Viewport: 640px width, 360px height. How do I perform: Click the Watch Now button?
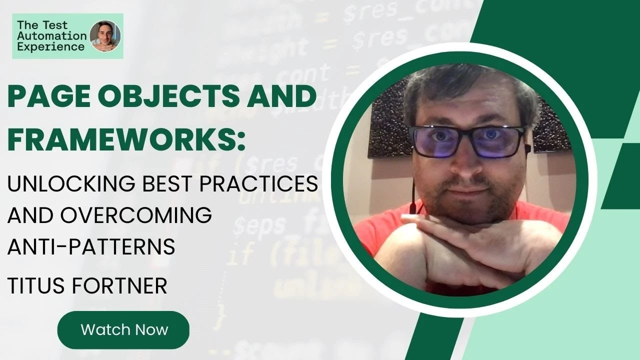(123, 329)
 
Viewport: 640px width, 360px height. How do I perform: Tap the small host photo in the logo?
(105, 36)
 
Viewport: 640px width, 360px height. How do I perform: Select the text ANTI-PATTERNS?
(91, 247)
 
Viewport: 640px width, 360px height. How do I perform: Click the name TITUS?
(36, 286)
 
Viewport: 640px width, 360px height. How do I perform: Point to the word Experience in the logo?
(51, 47)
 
